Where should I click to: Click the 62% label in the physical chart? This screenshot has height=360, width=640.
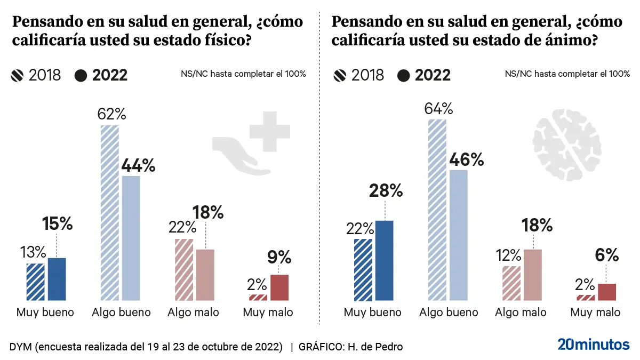pyautogui.click(x=111, y=114)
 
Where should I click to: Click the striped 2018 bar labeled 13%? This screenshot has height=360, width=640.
pyautogui.click(x=36, y=282)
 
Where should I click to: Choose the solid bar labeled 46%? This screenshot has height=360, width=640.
pyautogui.click(x=458, y=235)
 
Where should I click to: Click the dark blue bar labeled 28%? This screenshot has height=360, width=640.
pyautogui.click(x=384, y=260)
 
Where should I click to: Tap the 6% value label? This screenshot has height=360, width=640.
pyautogui.click(x=607, y=255)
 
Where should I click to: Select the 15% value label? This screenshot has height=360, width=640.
pyautogui.click(x=57, y=224)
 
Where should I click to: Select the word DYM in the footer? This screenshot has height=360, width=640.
pyautogui.click(x=21, y=347)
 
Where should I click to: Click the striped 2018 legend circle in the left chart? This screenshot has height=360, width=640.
pyautogui.click(x=18, y=76)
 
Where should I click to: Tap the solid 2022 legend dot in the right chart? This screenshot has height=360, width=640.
pyautogui.click(x=403, y=76)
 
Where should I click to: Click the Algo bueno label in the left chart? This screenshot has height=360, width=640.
pyautogui.click(x=121, y=313)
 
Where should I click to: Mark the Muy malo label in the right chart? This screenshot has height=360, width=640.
pyautogui.click(x=595, y=313)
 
